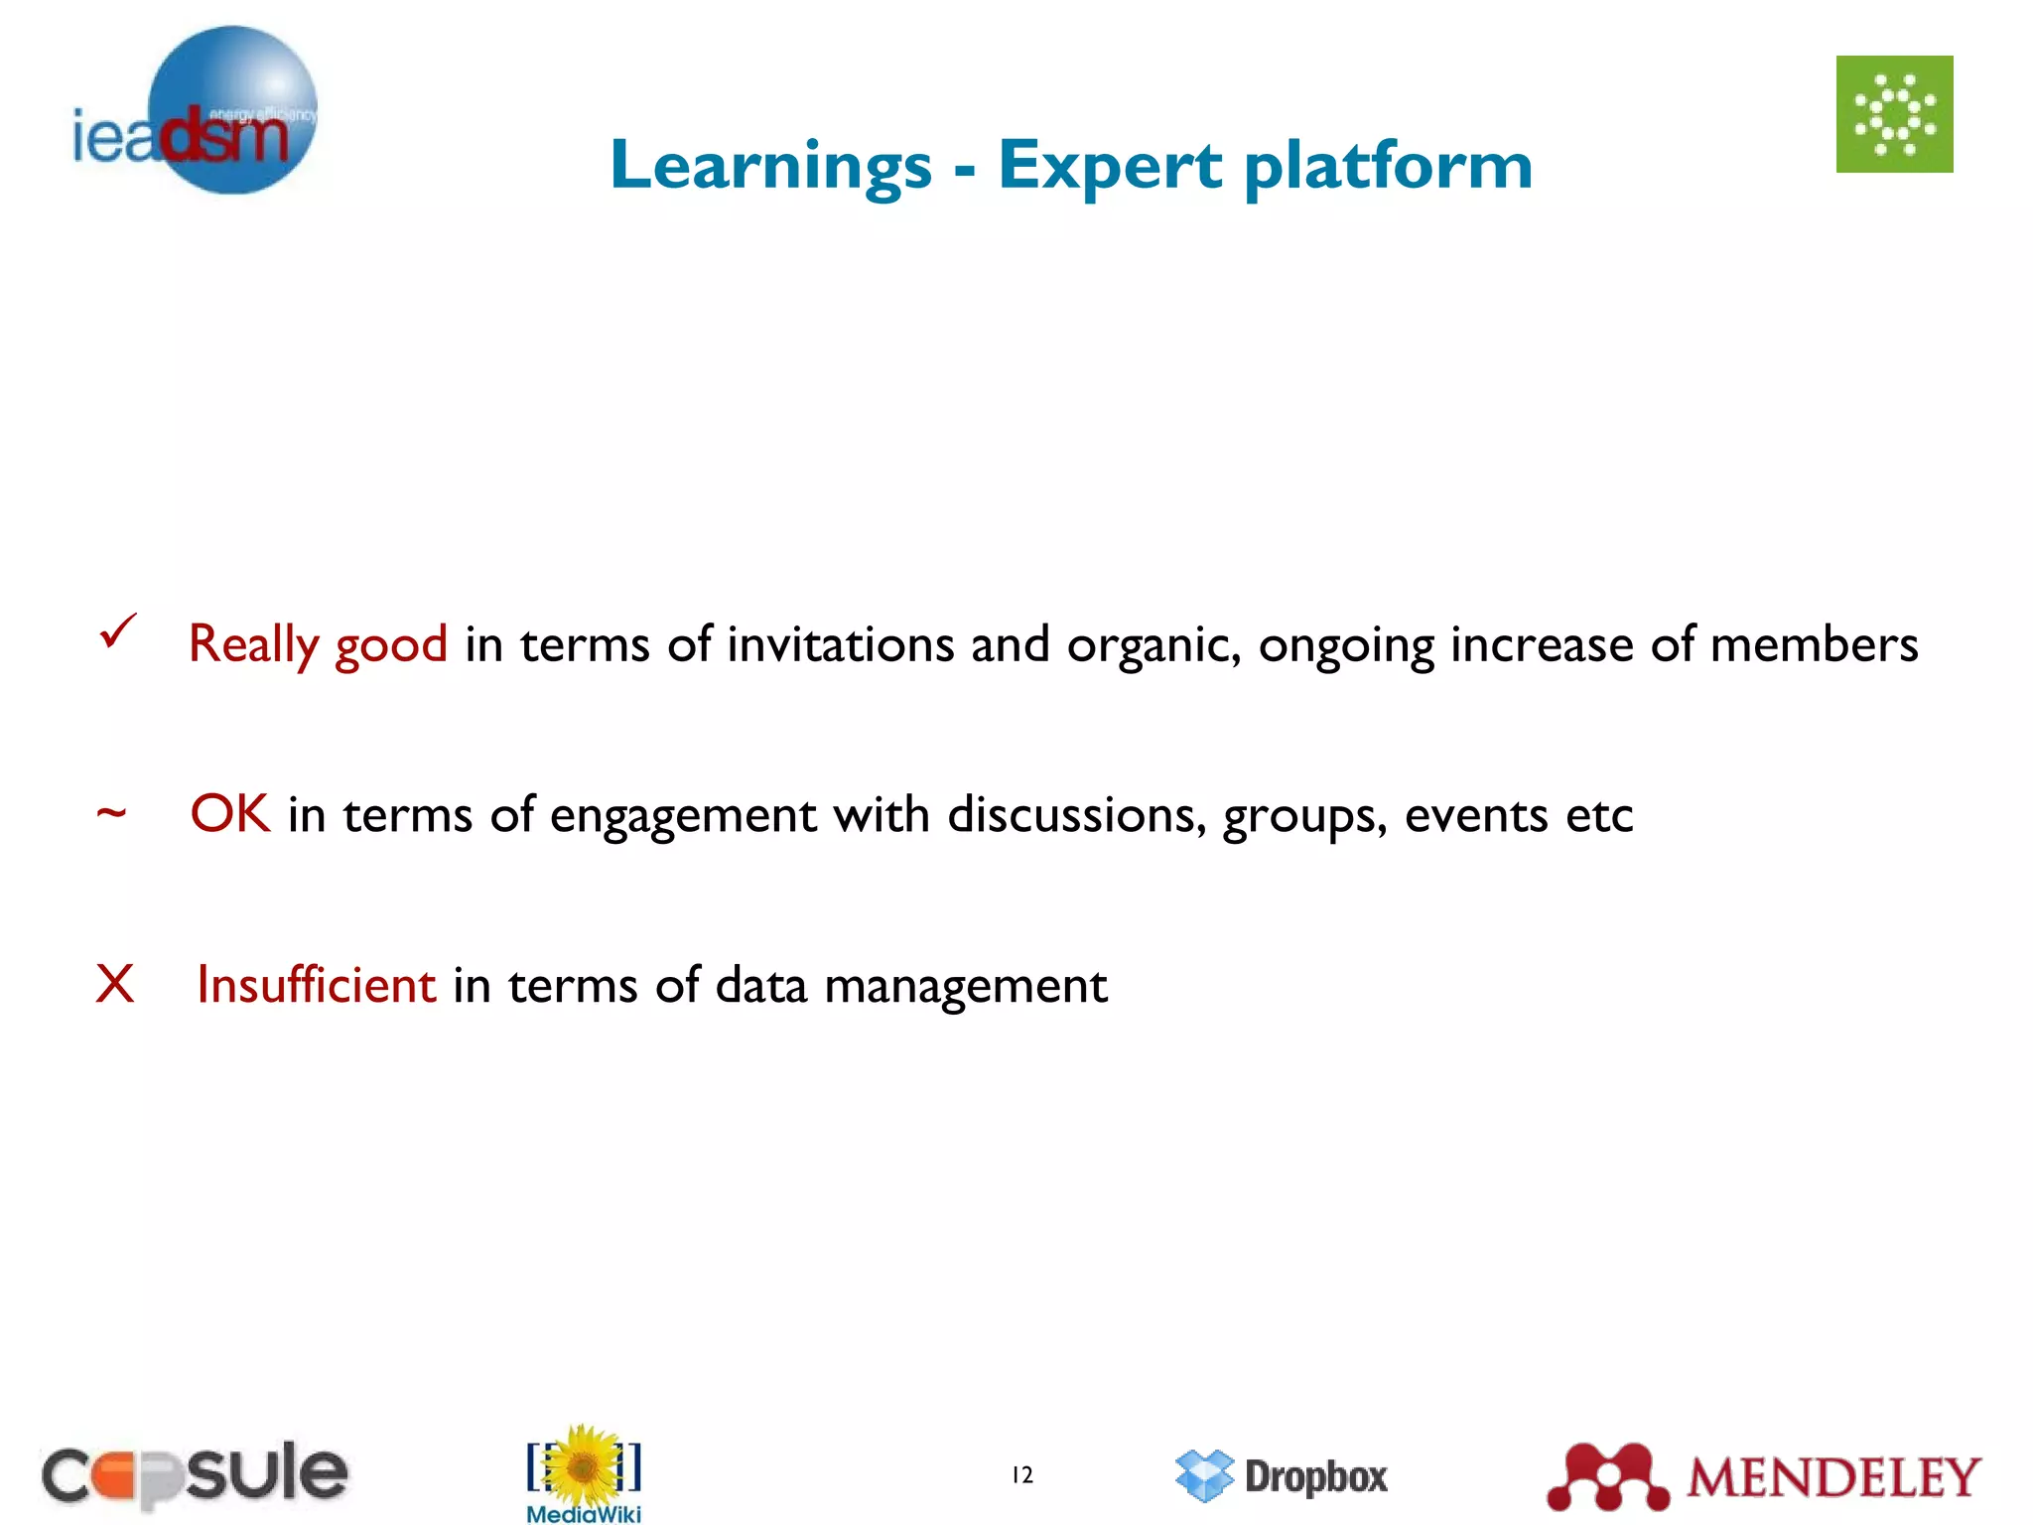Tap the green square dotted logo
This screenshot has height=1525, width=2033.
tap(1894, 114)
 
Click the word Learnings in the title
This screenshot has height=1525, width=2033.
tap(771, 166)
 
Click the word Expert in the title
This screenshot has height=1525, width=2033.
tap(1110, 166)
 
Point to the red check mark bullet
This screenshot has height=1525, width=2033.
tap(117, 632)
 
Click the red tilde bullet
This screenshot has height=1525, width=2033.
tap(111, 814)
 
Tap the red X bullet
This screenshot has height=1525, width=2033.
tap(115, 984)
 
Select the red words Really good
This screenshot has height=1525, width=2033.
tap(318, 644)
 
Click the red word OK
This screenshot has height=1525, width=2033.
tap(229, 814)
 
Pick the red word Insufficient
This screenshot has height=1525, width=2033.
tap(316, 985)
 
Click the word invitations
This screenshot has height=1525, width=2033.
tap(840, 644)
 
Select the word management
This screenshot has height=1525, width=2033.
tap(965, 986)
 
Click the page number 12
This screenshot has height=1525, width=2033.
tap(1022, 1475)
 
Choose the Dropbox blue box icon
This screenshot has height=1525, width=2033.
tap(1204, 1475)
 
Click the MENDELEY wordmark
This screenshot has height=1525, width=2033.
tap(1833, 1477)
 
